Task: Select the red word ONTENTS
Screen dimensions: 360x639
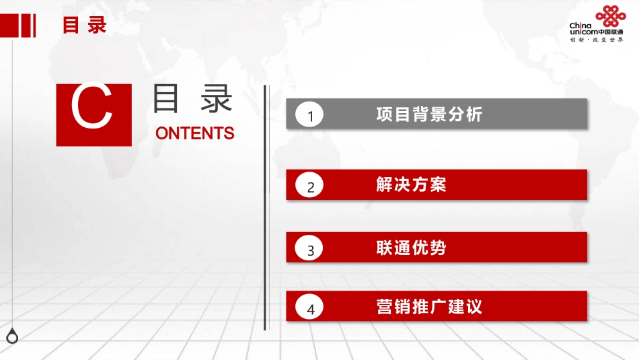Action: coord(194,133)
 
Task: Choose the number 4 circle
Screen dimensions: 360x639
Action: coord(310,310)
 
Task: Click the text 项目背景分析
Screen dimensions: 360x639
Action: coord(429,114)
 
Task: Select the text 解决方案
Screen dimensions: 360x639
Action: coord(411,184)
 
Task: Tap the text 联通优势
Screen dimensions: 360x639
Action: coord(411,248)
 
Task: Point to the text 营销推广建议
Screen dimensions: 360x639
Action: coord(429,307)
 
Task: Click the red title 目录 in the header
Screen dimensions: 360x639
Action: coord(85,26)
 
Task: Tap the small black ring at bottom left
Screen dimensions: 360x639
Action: coord(12,336)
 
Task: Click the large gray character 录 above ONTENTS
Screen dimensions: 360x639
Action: coord(217,99)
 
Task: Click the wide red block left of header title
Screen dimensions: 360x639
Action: coord(9,26)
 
